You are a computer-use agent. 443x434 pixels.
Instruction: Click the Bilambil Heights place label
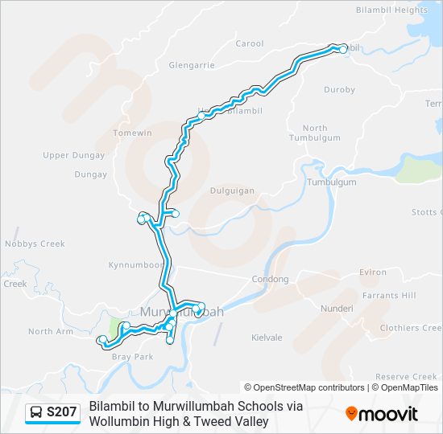pyautogui.click(x=391, y=10)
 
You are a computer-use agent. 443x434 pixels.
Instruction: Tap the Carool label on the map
pyautogui.click(x=250, y=43)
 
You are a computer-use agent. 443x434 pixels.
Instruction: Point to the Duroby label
pyautogui.click(x=339, y=90)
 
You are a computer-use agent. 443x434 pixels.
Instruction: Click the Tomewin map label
pyautogui.click(x=133, y=133)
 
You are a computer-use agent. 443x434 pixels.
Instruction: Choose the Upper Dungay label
pyautogui.click(x=74, y=155)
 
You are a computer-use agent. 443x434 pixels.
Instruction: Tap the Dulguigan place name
pyautogui.click(x=232, y=191)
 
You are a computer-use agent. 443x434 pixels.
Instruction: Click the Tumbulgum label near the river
pyautogui.click(x=332, y=182)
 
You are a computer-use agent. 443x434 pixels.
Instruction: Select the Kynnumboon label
pyautogui.click(x=134, y=264)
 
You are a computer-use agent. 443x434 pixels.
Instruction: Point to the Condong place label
pyautogui.click(x=270, y=280)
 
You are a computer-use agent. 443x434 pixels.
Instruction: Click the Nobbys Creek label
pyautogui.click(x=34, y=244)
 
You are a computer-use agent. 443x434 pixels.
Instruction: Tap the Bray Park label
pyautogui.click(x=133, y=356)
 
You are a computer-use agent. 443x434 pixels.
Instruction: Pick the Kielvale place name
pyautogui.click(x=267, y=338)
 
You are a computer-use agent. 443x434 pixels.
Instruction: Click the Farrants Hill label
pyautogui.click(x=387, y=296)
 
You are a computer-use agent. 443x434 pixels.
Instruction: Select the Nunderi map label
pyautogui.click(x=337, y=308)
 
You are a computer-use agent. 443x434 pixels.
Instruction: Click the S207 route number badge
pyautogui.click(x=62, y=413)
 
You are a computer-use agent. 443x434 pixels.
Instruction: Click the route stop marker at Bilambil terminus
pyautogui.click(x=343, y=49)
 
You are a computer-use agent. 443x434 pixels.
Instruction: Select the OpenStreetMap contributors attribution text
pyautogui.click(x=304, y=387)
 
